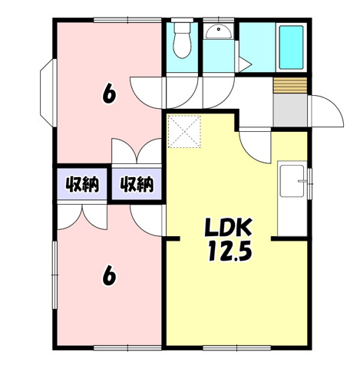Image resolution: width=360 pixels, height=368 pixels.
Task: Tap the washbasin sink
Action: (219, 32)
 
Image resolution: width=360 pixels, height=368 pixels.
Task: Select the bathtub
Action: (291, 48)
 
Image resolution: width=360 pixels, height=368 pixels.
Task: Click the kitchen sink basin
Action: (292, 181)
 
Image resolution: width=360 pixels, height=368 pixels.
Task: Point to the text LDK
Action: (228, 227)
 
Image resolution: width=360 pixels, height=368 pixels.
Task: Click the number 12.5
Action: (230, 251)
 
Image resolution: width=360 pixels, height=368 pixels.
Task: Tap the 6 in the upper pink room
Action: (109, 94)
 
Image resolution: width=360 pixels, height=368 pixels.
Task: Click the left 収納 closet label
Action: (82, 184)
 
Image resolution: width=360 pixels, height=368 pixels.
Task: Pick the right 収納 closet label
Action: (137, 184)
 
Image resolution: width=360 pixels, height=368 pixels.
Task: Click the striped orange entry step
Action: (290, 85)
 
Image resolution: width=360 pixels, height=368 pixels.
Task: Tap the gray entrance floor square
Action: (290, 110)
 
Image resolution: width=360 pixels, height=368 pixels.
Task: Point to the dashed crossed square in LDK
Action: (184, 131)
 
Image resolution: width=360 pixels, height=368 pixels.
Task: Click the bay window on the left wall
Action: (48, 93)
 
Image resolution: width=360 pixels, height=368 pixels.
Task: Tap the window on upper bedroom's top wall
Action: (127, 20)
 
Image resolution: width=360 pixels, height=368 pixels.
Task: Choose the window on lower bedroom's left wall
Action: (54, 275)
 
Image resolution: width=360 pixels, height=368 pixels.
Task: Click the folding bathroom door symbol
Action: (243, 64)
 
